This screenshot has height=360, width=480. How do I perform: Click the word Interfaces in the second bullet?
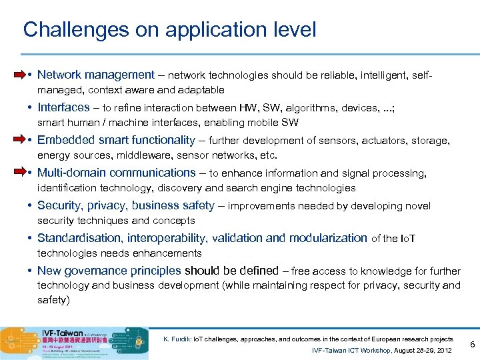click(x=63, y=107)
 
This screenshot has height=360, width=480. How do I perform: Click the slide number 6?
click(x=471, y=344)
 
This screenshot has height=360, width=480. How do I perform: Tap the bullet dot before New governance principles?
click(x=31, y=271)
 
